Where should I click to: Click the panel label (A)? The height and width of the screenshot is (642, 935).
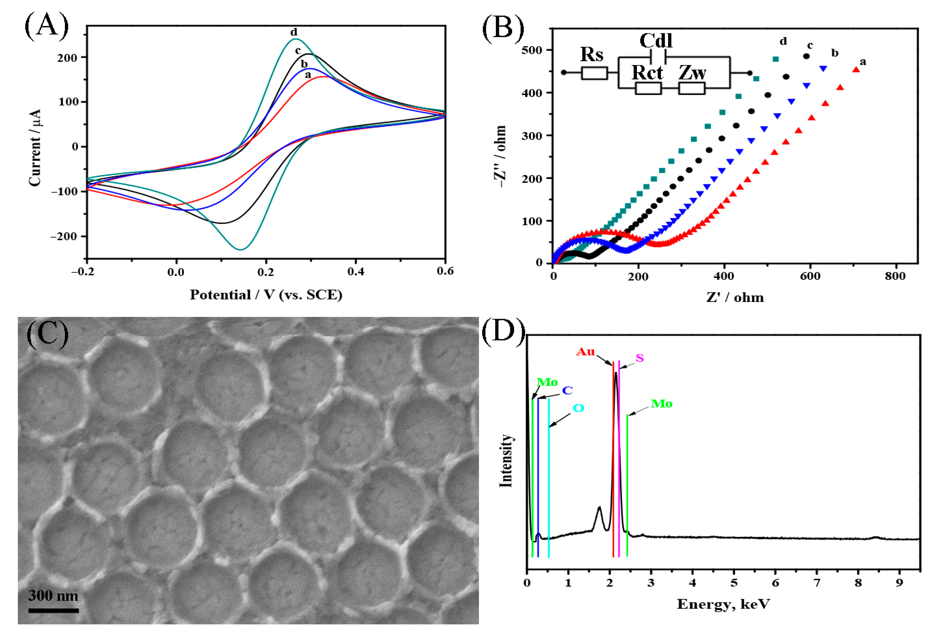[47, 26]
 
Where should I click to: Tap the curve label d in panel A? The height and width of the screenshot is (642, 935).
[294, 32]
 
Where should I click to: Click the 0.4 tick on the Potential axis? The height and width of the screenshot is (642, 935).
[356, 272]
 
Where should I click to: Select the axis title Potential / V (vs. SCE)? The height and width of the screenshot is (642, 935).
[266, 295]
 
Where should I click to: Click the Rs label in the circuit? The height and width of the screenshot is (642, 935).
[592, 54]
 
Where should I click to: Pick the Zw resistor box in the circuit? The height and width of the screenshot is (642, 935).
[692, 88]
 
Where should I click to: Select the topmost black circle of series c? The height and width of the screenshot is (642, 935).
[806, 56]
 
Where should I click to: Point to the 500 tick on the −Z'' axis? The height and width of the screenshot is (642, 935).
[532, 50]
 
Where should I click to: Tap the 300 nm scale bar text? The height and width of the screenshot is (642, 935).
[53, 595]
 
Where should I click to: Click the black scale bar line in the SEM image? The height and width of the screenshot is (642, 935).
[53, 610]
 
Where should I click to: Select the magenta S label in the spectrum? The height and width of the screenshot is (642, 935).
[640, 357]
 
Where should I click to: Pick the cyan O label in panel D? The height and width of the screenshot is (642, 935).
[578, 408]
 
